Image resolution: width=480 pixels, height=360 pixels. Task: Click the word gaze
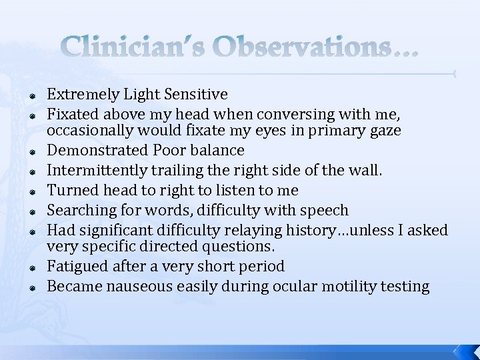point(383,131)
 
